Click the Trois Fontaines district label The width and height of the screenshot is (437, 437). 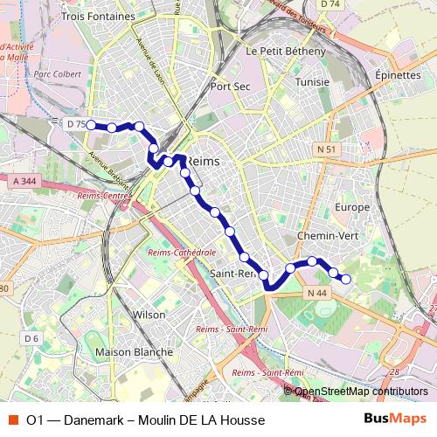[99, 16]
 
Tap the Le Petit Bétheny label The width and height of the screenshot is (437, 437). [286, 52]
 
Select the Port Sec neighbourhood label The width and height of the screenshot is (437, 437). [231, 87]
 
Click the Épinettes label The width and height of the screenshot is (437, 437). [397, 75]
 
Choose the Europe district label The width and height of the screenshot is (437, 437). [352, 207]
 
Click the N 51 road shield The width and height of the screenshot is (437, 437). [327, 149]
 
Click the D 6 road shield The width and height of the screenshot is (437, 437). [31, 338]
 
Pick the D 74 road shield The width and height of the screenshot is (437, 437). [329, 4]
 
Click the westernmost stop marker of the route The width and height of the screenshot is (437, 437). [90, 125]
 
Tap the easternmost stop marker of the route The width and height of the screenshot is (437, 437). [346, 279]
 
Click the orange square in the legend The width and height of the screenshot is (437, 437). [14, 420]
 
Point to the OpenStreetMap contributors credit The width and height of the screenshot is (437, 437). [360, 392]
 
